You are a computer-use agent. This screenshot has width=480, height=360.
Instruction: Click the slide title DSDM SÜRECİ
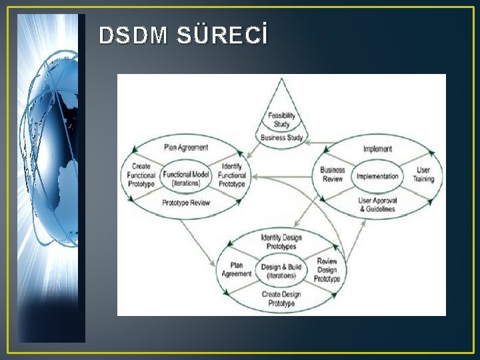click(183, 37)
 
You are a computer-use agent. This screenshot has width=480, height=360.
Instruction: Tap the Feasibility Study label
click(281, 120)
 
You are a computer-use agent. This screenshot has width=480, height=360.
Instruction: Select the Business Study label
click(281, 138)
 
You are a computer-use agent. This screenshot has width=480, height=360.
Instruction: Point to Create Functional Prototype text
click(141, 175)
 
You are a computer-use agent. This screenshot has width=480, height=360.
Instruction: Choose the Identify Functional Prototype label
click(232, 175)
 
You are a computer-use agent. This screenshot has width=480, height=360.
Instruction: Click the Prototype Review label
click(186, 203)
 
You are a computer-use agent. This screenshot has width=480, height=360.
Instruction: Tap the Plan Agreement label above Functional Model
click(186, 147)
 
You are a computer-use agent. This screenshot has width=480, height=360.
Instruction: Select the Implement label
click(377, 149)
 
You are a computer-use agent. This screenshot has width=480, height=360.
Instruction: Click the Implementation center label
click(377, 177)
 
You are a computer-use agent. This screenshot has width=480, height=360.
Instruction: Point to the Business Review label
click(332, 175)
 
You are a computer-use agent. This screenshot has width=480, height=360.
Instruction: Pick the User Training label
click(423, 175)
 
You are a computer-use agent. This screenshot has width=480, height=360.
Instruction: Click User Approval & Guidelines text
click(377, 204)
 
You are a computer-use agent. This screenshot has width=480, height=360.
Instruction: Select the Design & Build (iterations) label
click(281, 271)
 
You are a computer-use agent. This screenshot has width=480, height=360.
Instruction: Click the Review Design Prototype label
click(327, 270)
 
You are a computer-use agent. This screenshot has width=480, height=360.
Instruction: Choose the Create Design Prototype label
click(281, 299)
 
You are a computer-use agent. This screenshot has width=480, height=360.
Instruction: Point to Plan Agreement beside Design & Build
click(236, 269)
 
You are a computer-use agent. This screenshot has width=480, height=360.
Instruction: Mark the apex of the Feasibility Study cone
click(281, 79)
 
